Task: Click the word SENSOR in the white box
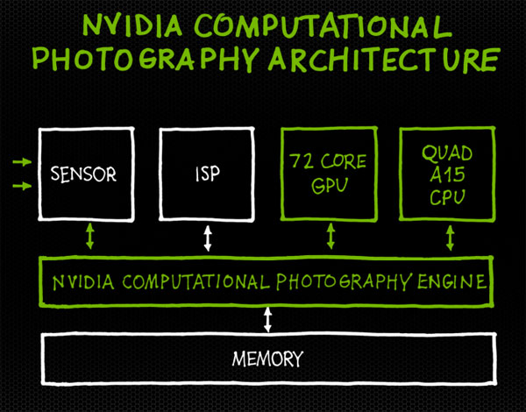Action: click(x=83, y=174)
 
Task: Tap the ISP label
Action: click(x=208, y=174)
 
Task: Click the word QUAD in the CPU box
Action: click(x=447, y=153)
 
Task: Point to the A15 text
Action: click(x=447, y=174)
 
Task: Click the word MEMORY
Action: click(x=267, y=359)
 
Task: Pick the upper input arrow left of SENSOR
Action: click(x=22, y=162)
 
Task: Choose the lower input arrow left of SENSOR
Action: click(x=22, y=185)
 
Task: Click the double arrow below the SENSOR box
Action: click(x=89, y=236)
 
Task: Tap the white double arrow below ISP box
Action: click(x=208, y=238)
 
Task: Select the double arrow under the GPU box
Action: click(x=331, y=236)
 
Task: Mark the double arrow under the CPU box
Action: click(x=451, y=238)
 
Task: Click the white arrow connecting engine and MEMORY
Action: click(x=267, y=320)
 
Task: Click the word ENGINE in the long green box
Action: click(x=451, y=281)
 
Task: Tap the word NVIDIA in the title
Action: click(x=132, y=25)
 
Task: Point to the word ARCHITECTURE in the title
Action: click(x=384, y=60)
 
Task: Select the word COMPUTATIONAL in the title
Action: click(x=323, y=25)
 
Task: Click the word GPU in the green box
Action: click(x=330, y=185)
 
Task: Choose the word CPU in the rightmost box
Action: click(x=447, y=197)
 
